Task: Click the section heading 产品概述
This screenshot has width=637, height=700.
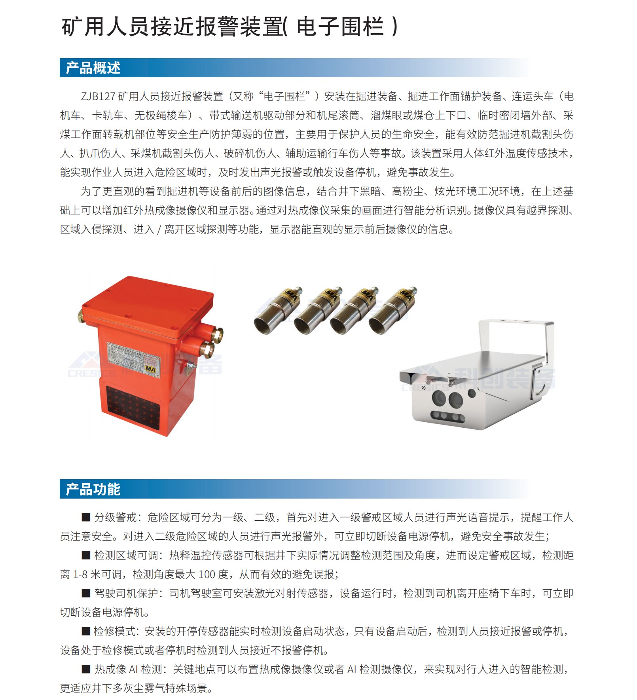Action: tap(93, 68)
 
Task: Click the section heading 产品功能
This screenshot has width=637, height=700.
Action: tap(93, 489)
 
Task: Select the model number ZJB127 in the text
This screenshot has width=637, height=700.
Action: tap(98, 97)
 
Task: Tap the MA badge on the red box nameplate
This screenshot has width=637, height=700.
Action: tap(150, 369)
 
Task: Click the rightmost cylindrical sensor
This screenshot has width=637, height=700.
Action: tap(392, 312)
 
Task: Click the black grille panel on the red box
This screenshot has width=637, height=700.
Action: tap(133, 408)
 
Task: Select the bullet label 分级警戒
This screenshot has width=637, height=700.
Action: tap(115, 517)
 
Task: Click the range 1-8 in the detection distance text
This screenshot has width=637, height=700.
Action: tap(80, 574)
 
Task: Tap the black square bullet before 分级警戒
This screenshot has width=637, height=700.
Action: tap(86, 517)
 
